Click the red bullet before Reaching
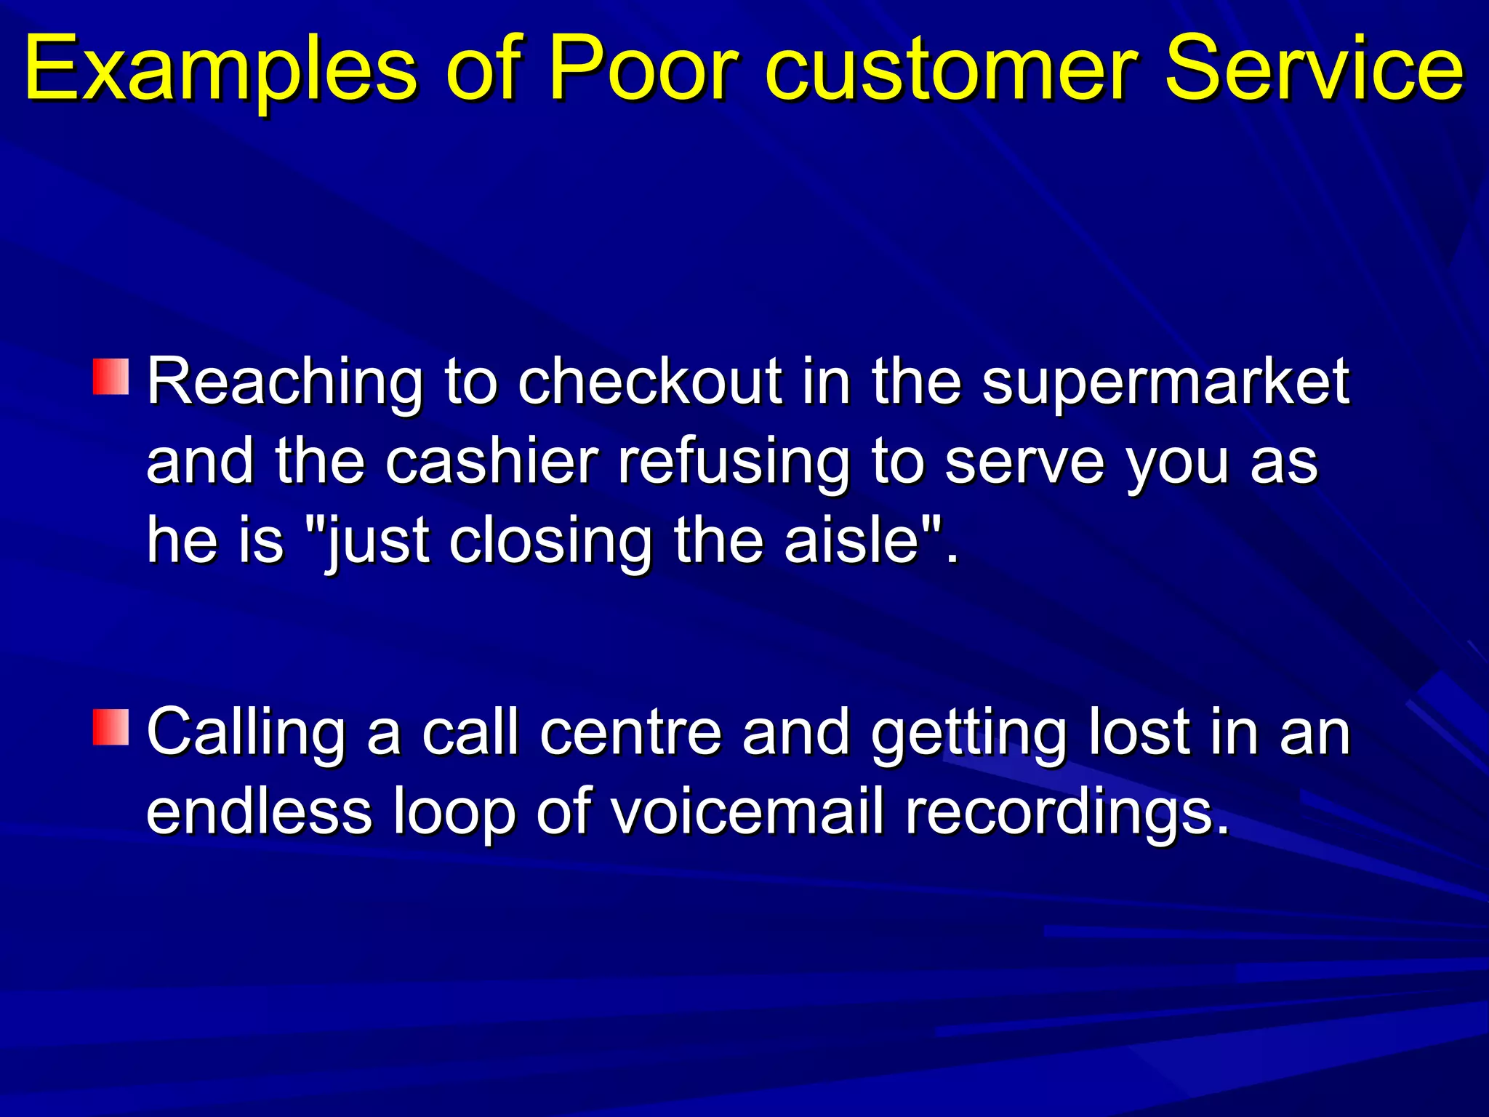point(111,376)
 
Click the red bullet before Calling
point(111,727)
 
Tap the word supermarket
point(1165,384)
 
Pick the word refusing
point(734,464)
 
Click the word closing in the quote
point(550,543)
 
